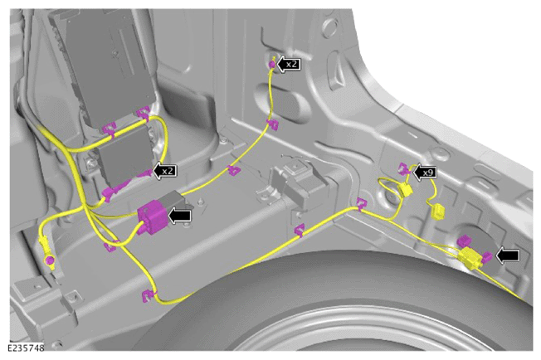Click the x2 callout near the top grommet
coord(289,64)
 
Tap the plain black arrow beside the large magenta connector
coord(179,216)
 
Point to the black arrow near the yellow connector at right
coord(508,255)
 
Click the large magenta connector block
coord(152,217)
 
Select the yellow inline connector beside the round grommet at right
coord(469,260)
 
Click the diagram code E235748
coord(27,348)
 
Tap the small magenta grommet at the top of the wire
coord(272,64)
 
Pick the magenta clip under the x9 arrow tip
coord(404,168)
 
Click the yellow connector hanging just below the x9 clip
coord(406,190)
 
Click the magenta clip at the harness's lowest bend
coord(148,295)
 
